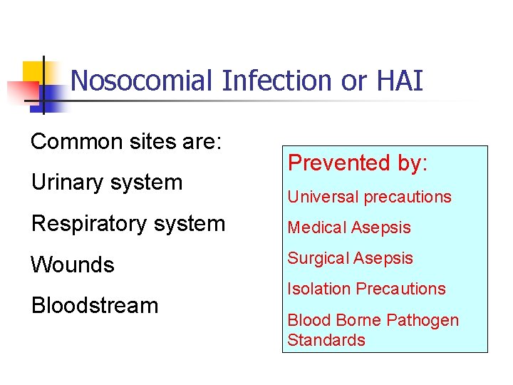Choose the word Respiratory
point(88,224)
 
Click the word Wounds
point(72,265)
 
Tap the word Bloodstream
point(94,305)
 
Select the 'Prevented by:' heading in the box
point(357,163)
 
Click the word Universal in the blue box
point(320,197)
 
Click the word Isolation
point(318,289)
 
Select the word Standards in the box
point(326,340)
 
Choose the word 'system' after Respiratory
point(189,224)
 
